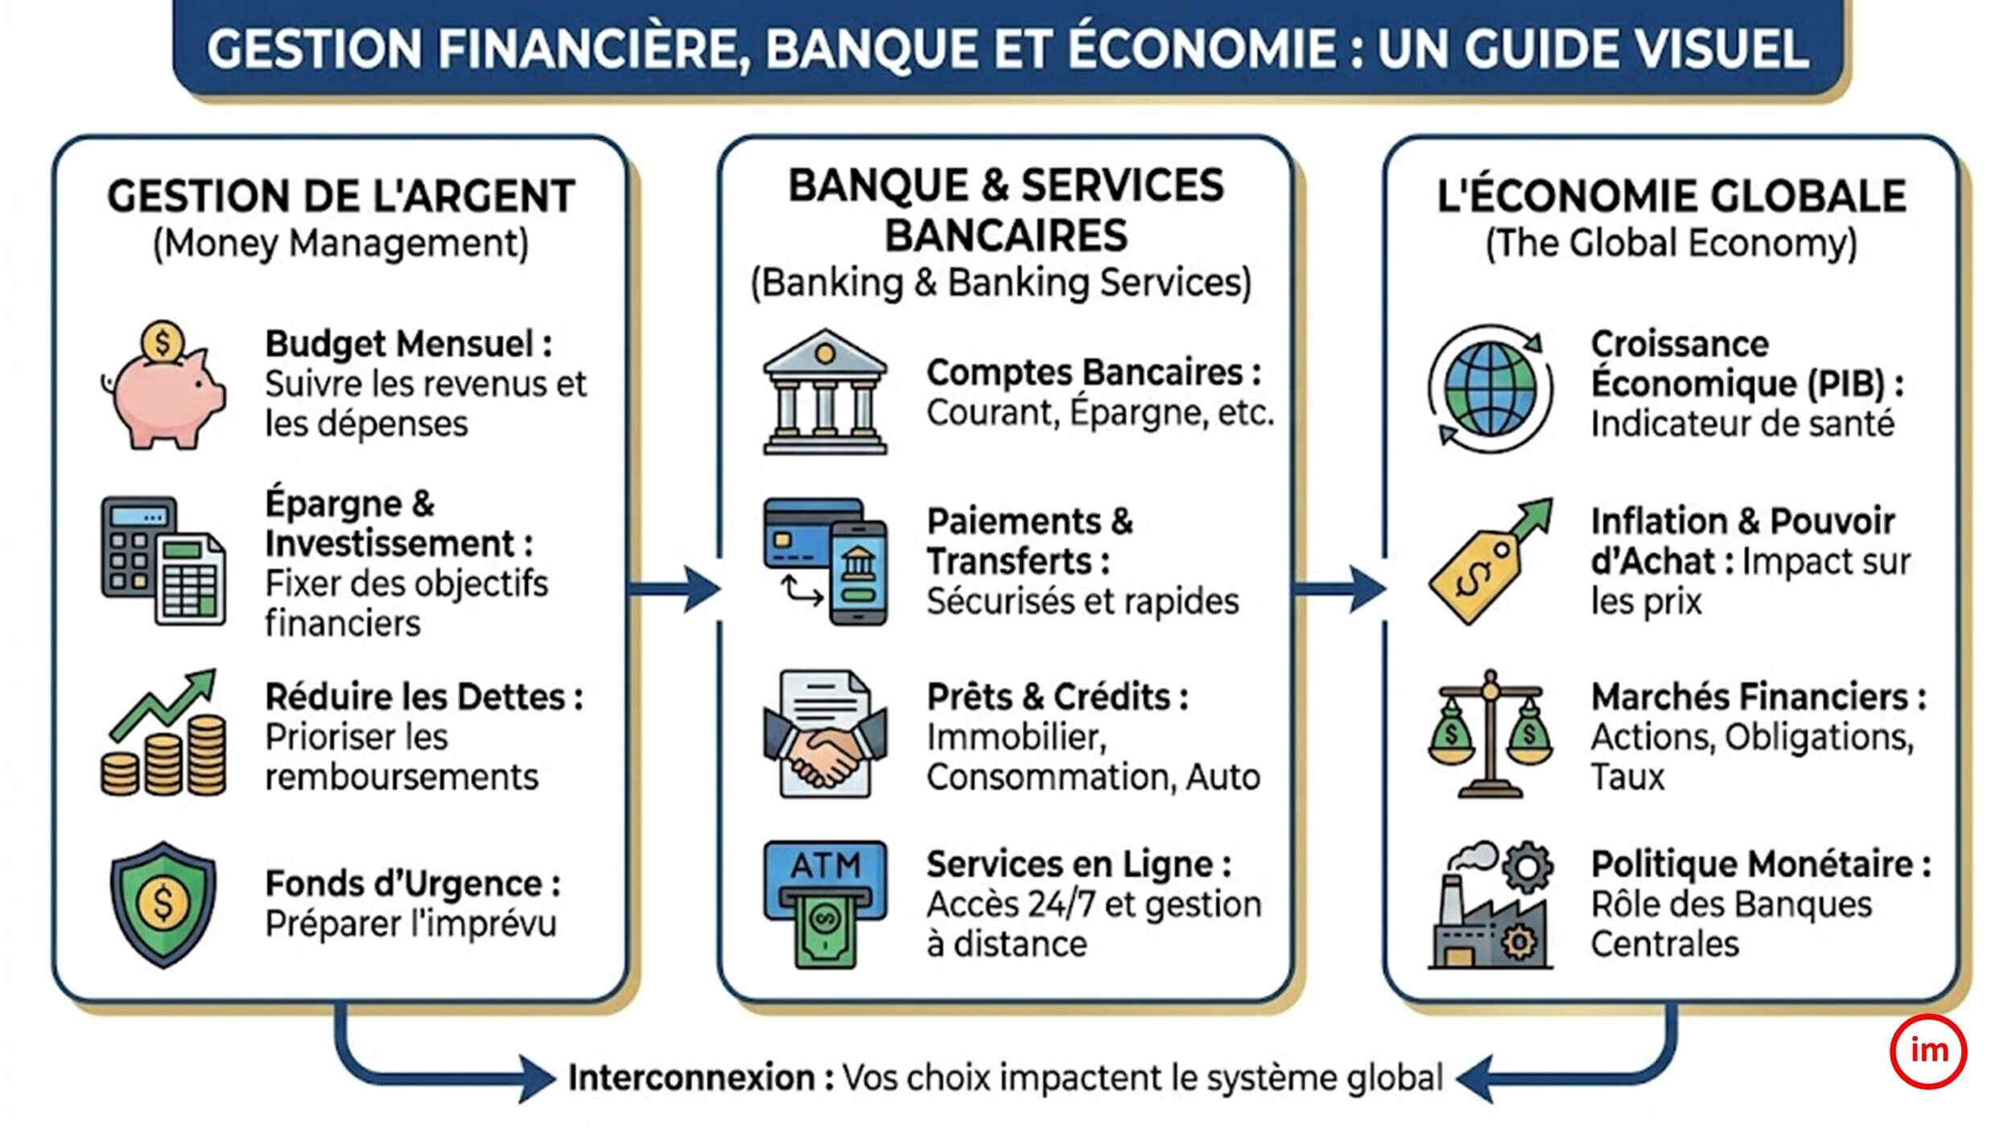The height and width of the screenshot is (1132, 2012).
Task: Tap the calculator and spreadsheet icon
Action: click(x=163, y=560)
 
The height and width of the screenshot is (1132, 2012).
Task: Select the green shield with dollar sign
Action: click(x=163, y=905)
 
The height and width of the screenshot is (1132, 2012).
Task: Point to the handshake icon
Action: click(x=825, y=733)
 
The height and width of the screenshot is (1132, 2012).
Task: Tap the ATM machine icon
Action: click(x=825, y=904)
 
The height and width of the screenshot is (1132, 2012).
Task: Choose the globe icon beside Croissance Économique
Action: click(x=1490, y=389)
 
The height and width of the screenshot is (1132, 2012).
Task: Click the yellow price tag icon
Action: click(x=1490, y=560)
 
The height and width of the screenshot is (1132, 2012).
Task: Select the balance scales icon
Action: click(x=1490, y=733)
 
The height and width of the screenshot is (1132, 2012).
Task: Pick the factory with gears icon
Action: click(x=1490, y=905)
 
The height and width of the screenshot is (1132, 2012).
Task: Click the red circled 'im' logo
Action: click(x=1927, y=1051)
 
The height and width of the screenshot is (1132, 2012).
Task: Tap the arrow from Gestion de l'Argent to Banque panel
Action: click(x=674, y=589)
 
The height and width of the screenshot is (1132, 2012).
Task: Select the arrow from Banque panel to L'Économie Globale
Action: click(x=1339, y=589)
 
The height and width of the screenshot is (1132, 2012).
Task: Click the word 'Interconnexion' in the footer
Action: click(x=691, y=1077)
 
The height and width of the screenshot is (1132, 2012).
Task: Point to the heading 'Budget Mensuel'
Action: click(x=399, y=345)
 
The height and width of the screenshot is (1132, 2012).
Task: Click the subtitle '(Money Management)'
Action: click(x=341, y=244)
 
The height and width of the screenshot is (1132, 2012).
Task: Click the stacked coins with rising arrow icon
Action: click(x=163, y=732)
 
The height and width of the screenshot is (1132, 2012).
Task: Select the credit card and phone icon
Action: click(x=825, y=561)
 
